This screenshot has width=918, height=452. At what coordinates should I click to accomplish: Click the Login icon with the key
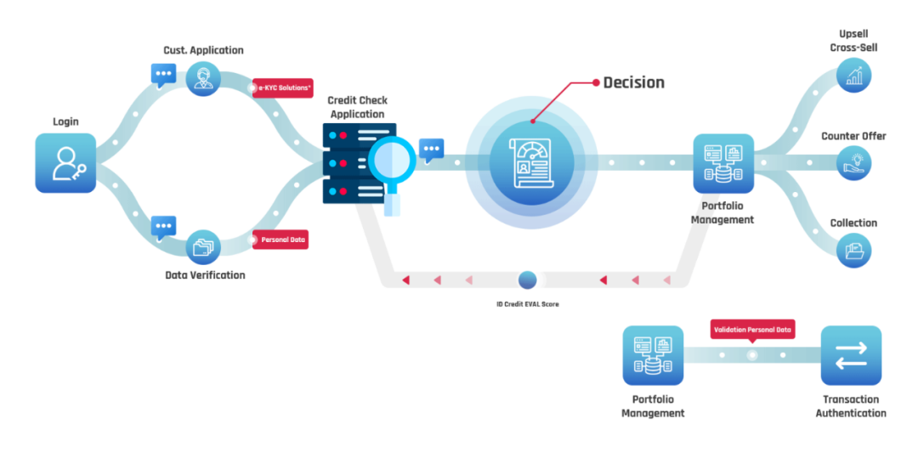(x=65, y=163)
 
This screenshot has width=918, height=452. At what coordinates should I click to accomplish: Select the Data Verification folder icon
(x=203, y=247)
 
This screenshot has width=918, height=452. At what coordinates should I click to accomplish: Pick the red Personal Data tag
(x=280, y=240)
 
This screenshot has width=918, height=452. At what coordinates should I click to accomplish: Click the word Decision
(x=634, y=82)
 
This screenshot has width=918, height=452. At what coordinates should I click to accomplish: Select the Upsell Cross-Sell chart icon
(x=853, y=75)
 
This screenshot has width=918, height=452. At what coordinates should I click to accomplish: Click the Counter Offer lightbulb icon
(x=853, y=163)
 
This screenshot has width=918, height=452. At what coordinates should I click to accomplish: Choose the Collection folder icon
(x=853, y=250)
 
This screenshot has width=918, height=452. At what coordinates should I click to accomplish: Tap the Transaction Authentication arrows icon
(x=851, y=355)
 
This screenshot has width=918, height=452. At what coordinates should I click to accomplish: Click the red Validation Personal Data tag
(x=752, y=331)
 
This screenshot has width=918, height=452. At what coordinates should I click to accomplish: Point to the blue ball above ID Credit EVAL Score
(x=528, y=280)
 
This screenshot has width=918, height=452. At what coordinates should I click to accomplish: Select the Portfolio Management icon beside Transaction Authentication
(x=653, y=355)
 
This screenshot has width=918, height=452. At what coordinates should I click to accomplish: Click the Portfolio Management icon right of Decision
(x=723, y=163)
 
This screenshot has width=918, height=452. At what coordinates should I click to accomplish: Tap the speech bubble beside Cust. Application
(x=163, y=76)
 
